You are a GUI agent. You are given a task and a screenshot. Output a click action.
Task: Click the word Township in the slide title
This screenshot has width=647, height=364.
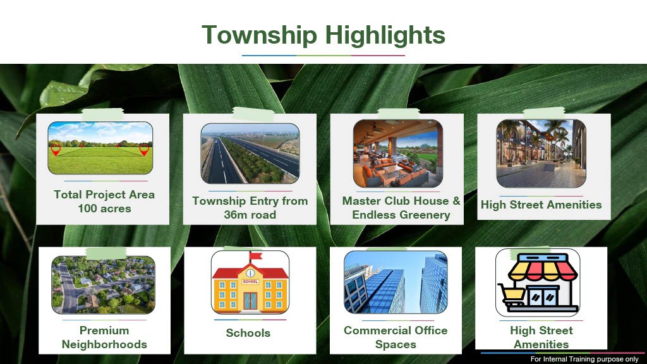(259, 35)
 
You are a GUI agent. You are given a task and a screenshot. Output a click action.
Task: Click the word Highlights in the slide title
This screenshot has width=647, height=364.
(385, 35)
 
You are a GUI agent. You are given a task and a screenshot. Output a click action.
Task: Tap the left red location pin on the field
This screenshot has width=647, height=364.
(56, 150)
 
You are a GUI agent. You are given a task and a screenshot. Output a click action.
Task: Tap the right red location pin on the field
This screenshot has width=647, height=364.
(144, 150)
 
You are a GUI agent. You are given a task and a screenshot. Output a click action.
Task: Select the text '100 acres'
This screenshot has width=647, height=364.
(104, 209)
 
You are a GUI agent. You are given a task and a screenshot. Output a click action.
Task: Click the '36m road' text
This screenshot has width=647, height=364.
(250, 215)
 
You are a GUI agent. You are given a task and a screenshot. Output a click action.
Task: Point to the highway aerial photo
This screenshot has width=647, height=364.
(250, 154)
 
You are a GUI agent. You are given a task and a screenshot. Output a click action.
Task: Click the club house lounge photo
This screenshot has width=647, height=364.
(398, 154)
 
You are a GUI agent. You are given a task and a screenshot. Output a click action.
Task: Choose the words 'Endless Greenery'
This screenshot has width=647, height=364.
(401, 215)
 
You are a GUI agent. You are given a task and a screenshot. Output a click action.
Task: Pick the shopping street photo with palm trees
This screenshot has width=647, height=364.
(541, 154)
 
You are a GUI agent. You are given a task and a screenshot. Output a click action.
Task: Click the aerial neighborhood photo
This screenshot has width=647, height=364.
(103, 285)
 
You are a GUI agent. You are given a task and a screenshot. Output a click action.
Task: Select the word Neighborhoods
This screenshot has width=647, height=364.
(104, 344)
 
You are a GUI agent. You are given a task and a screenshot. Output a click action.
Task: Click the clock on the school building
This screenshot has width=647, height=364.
(250, 273)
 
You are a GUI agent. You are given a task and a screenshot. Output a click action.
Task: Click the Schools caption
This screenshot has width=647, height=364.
(248, 333)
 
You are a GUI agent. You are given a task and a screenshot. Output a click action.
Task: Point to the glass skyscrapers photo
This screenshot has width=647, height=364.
(396, 282)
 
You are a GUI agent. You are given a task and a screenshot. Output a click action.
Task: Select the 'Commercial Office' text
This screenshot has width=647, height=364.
(396, 330)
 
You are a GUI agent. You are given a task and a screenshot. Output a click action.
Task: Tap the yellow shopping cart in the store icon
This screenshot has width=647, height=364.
(512, 294)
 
